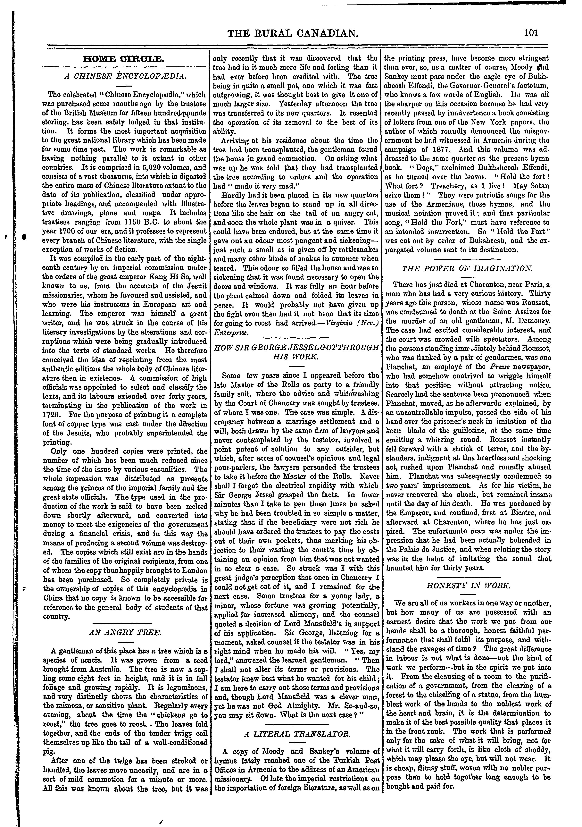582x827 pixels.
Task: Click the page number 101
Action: [x=531, y=33]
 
